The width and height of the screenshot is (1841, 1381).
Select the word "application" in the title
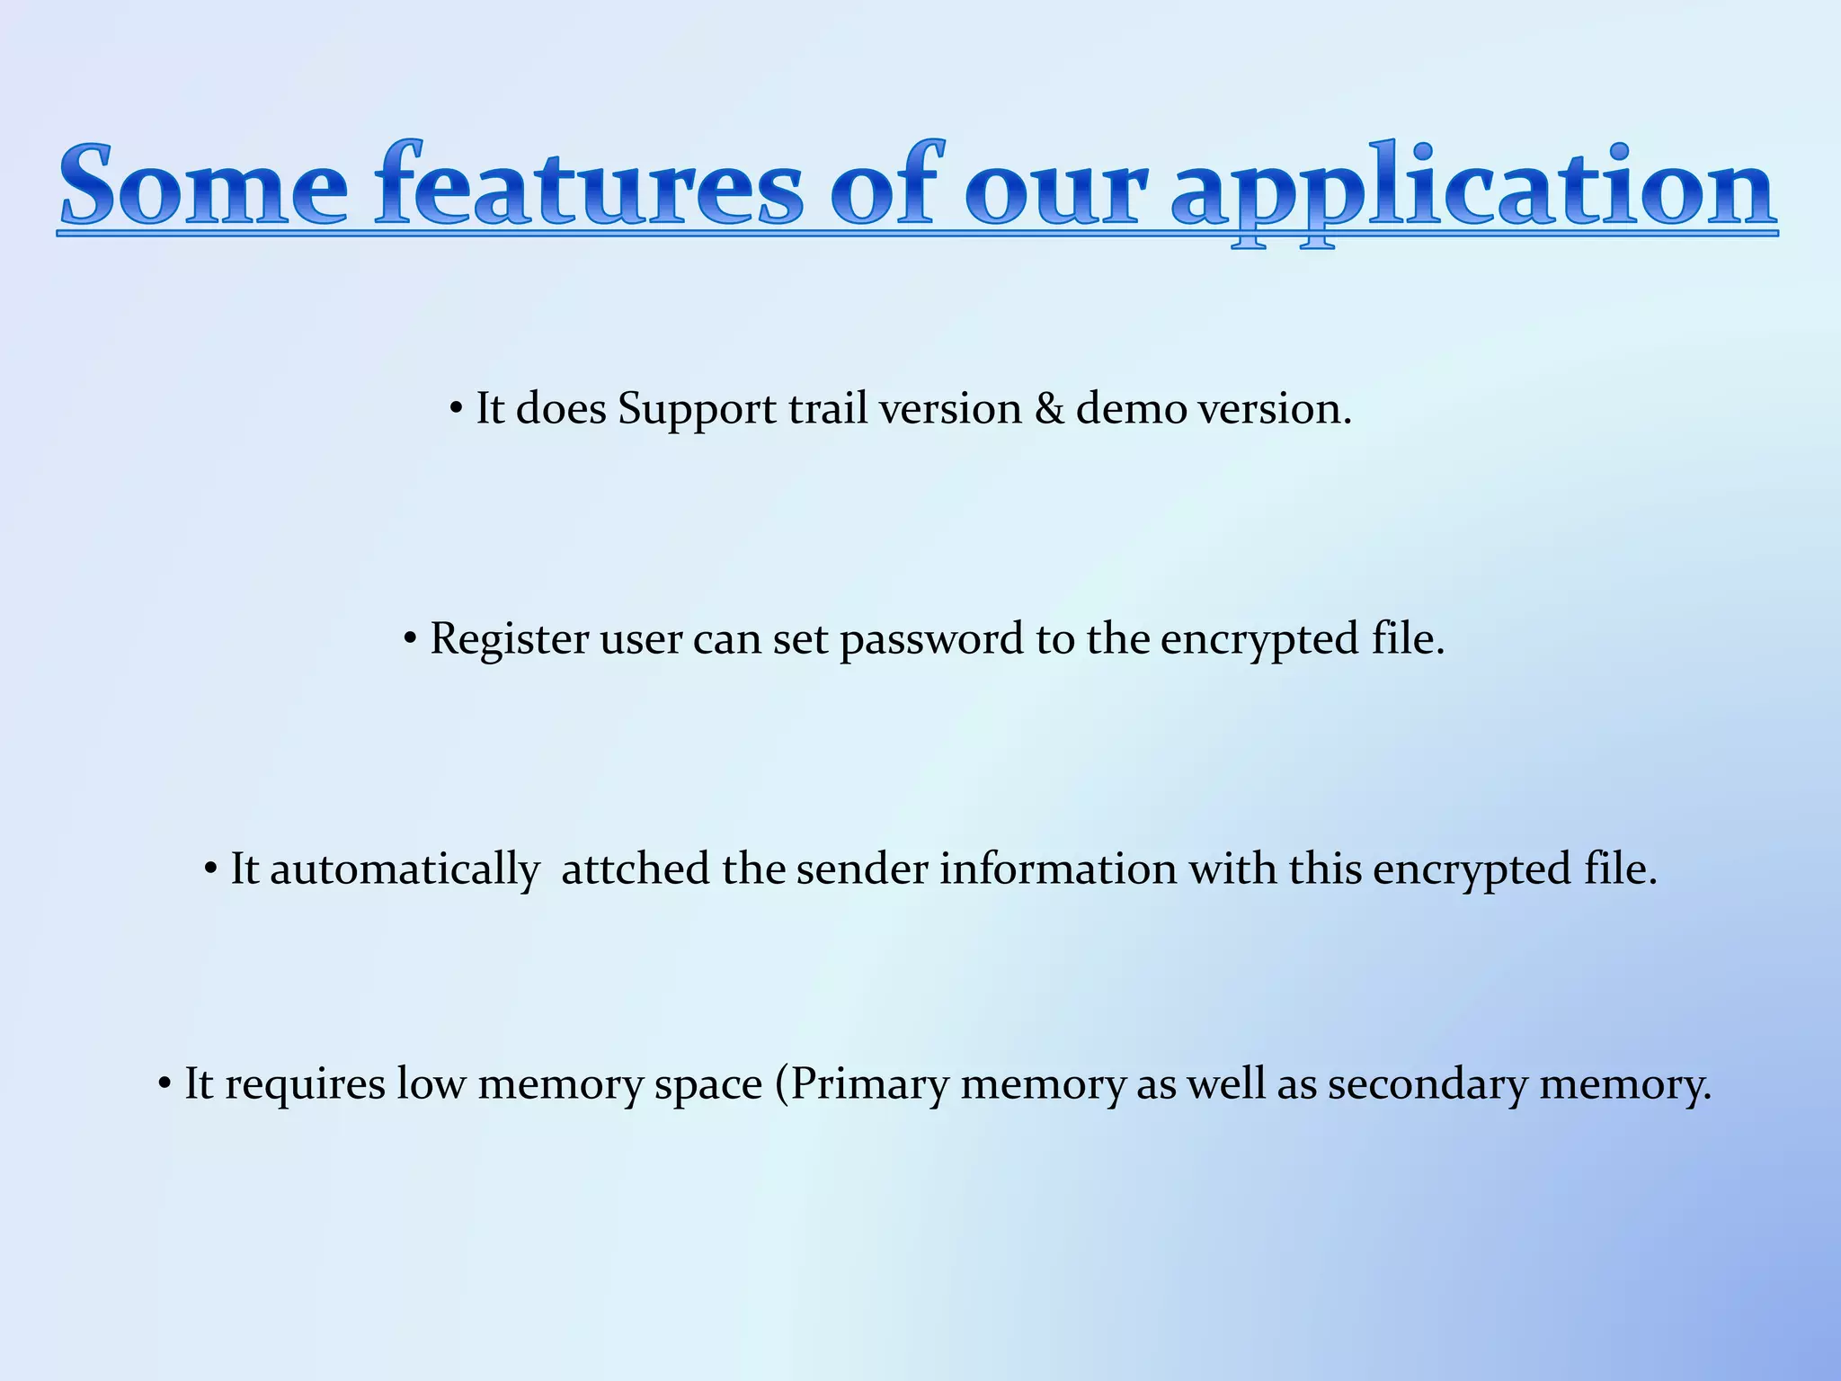(1473, 189)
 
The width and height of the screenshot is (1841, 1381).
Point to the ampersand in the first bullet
(1049, 409)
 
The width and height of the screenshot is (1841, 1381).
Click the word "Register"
(509, 641)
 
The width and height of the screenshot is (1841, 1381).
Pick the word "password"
(931, 641)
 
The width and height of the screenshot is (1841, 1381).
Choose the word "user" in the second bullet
(641, 639)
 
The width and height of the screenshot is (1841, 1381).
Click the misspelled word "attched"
(635, 869)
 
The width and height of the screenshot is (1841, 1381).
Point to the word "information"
(1058, 869)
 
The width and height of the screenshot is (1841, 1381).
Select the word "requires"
(305, 1085)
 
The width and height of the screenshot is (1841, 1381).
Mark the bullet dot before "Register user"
(410, 640)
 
